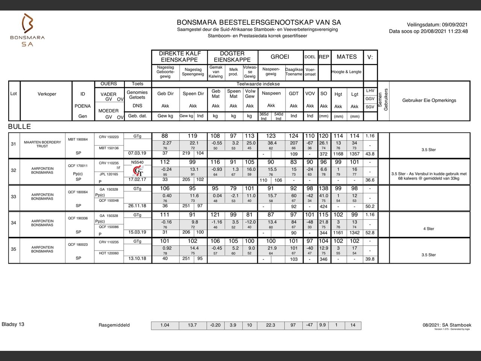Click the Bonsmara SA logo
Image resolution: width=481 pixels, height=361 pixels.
[27, 30]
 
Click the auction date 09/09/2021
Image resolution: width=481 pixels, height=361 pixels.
[455, 25]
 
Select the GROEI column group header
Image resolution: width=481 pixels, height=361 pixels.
[280, 57]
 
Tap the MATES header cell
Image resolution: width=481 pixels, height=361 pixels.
[346, 57]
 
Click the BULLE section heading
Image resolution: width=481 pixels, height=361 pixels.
[20, 127]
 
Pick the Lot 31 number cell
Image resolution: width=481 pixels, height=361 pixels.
[14, 144]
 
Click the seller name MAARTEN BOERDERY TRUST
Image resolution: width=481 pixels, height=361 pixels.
[42, 144]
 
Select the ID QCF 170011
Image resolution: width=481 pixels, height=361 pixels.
[78, 166]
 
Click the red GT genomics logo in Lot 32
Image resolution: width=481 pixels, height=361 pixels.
[138, 171]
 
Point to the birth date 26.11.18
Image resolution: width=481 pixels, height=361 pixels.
[137, 206]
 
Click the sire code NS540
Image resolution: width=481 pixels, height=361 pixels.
[138, 162]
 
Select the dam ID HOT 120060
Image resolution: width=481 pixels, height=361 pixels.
[109, 253]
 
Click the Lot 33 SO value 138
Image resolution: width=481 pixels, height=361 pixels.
[323, 188]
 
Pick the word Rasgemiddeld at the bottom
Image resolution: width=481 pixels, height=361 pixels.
[114, 325]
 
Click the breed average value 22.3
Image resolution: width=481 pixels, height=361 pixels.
[271, 325]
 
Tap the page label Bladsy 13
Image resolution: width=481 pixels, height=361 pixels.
[13, 324]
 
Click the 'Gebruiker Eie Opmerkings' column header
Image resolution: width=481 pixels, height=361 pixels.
[429, 100]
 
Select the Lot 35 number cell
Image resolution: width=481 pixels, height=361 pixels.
[14, 249]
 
